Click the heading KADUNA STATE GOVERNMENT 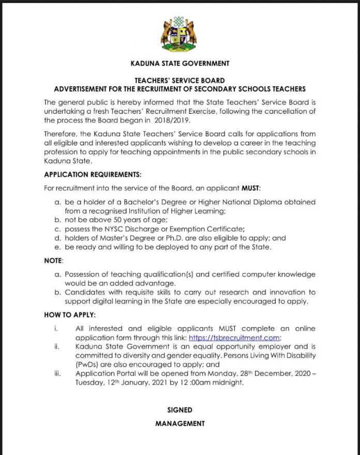click(180, 64)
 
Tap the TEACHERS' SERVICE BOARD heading click(180, 81)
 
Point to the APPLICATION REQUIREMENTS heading click(93, 174)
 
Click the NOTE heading click(53, 261)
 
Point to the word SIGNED click(180, 410)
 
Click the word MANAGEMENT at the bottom click(180, 423)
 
